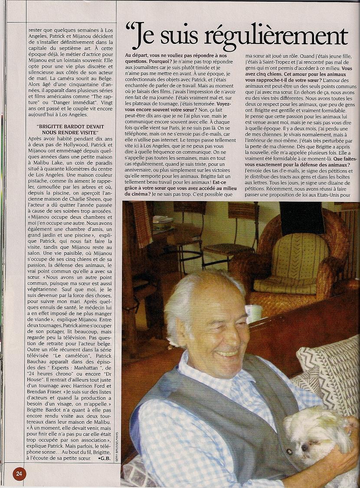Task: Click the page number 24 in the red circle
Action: [x=19, y=473]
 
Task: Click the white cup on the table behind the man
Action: [x=253, y=313]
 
